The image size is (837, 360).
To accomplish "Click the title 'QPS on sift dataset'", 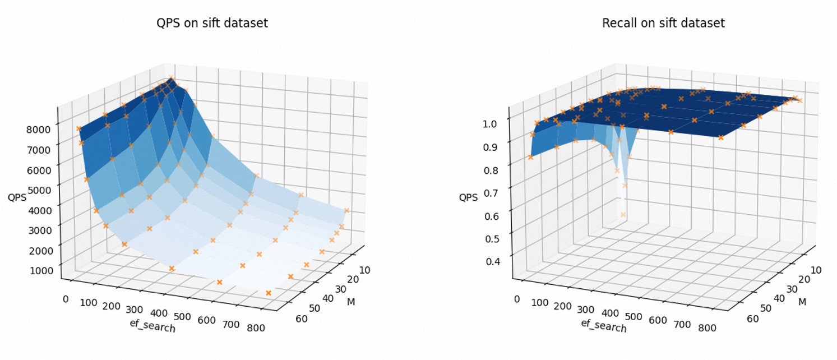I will click(211, 24).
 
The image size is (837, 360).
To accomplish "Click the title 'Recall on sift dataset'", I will click(663, 24).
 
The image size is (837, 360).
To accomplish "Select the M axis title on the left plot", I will click(351, 302).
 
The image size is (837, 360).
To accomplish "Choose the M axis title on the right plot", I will click(803, 302).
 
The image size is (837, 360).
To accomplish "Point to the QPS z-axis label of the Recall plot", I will click(468, 197).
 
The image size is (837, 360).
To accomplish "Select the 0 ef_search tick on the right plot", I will click(517, 299).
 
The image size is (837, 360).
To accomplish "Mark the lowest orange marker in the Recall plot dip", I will click(623, 215).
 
